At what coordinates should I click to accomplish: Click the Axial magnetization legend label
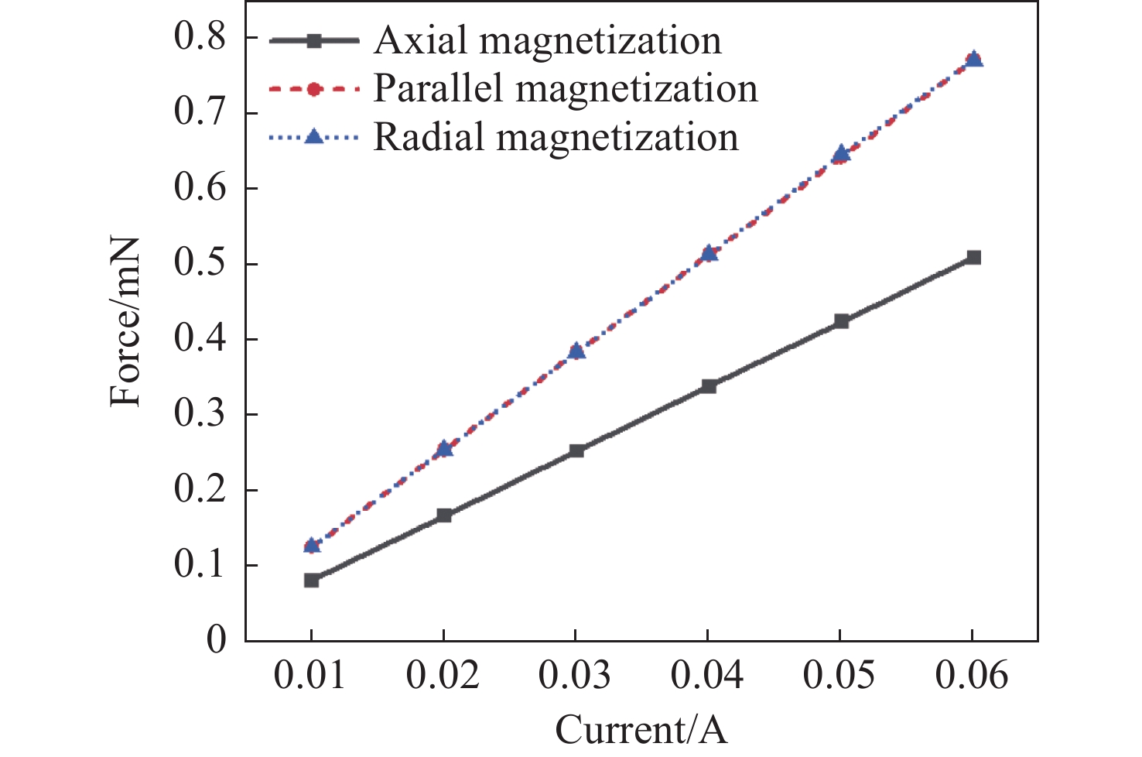547,40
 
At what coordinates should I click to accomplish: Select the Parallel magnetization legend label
565,88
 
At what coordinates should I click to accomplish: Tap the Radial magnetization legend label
556,137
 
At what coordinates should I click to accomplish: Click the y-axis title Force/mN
125,321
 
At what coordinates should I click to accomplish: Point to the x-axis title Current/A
641,729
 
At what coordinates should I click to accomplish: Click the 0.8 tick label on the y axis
200,38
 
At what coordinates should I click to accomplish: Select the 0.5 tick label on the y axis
200,264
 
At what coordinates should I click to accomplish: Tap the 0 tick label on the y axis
217,641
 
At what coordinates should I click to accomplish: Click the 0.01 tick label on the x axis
311,676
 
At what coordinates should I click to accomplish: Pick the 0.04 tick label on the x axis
707,676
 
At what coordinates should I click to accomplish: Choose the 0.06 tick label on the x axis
972,676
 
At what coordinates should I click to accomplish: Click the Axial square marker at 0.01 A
312,580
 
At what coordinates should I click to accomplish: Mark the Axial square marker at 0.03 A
576,450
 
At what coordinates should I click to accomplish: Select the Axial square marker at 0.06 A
973,257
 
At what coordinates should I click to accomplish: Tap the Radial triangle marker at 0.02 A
444,448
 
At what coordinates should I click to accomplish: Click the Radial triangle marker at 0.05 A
841,153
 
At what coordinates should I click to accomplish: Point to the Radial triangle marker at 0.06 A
974,59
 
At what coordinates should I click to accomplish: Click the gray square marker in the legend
313,41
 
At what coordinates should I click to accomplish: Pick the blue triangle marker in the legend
313,137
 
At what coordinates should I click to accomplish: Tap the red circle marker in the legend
313,89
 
